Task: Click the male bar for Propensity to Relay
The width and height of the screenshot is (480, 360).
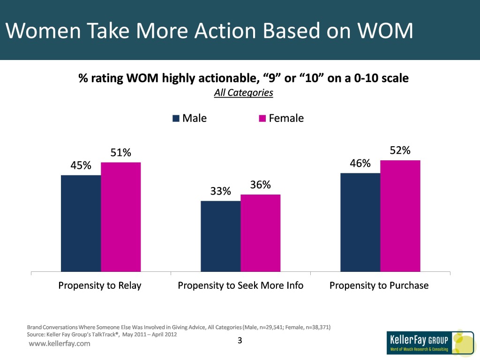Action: [81, 223]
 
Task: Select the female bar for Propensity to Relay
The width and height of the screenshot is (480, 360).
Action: [120, 217]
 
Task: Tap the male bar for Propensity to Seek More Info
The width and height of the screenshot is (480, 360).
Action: [220, 236]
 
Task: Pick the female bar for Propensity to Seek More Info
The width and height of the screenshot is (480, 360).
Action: [260, 233]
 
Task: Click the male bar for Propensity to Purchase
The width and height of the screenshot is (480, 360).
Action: [360, 222]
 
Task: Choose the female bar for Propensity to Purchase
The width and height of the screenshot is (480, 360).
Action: [400, 216]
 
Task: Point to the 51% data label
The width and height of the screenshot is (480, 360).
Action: [120, 153]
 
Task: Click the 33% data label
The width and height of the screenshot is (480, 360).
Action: [220, 191]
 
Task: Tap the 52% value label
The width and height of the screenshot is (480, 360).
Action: [400, 150]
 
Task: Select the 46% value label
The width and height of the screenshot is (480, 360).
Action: [360, 164]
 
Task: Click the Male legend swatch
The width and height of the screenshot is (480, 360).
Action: [176, 119]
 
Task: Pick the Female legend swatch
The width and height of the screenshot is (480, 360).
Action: [262, 119]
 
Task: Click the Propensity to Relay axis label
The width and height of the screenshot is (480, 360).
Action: [99, 285]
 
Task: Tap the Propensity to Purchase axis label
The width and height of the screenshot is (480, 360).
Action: [379, 285]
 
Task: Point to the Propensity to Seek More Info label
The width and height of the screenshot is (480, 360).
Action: [240, 285]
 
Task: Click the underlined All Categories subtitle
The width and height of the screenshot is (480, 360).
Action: [243, 93]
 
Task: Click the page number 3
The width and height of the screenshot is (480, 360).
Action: [240, 341]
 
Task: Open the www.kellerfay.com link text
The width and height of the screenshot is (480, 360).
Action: [60, 344]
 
